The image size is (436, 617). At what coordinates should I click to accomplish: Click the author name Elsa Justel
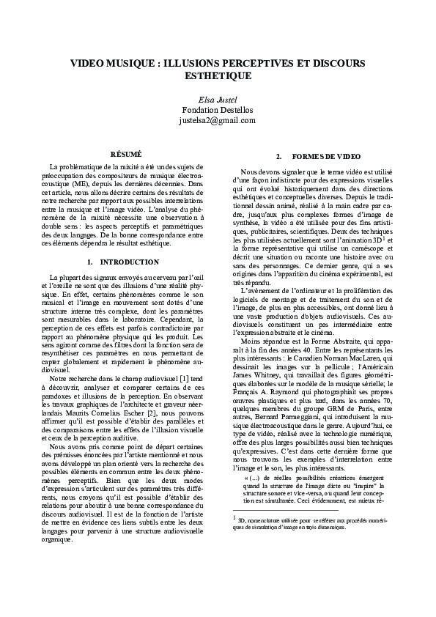coord(218,98)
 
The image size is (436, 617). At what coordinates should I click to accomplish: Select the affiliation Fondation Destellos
coord(218,109)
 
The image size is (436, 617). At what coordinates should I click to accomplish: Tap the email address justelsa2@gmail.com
coord(218,120)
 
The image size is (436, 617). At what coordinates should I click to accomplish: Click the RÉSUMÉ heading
coord(125,155)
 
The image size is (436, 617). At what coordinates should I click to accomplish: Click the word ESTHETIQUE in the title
coord(218,75)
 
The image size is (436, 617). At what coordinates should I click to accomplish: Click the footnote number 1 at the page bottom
coord(234,517)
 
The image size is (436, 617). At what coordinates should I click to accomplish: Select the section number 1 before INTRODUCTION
coord(89,262)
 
